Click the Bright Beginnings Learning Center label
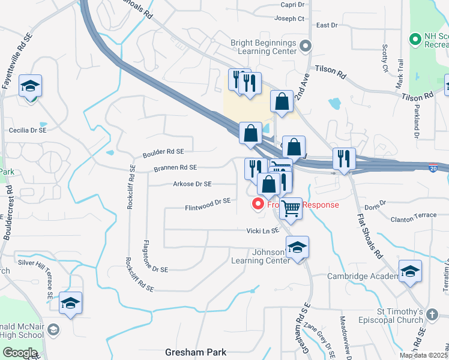[x=264, y=47]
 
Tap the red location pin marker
[x=259, y=205]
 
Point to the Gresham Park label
[x=195, y=352]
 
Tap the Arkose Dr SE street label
[x=192, y=184]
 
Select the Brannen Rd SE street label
[x=175, y=168]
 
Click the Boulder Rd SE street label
[x=163, y=153]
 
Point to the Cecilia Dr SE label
[x=28, y=130]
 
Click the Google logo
[x=20, y=353]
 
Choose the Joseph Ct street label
[x=290, y=19]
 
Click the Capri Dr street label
[x=292, y=4]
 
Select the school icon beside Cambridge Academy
[x=410, y=272]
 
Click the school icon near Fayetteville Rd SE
[x=30, y=86]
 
